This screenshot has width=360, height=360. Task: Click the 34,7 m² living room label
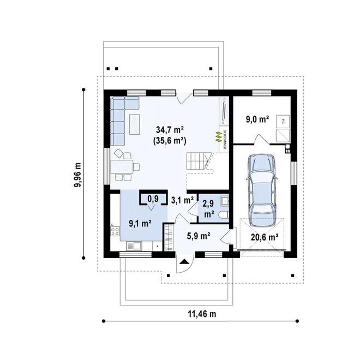(x=170, y=130)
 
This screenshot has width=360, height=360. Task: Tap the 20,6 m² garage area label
(x=265, y=237)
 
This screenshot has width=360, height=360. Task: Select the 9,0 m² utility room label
(x=257, y=119)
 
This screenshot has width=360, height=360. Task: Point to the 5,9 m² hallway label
(x=199, y=236)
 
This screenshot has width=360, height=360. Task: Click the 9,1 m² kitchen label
(x=140, y=223)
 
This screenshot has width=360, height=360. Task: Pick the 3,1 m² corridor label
(x=182, y=200)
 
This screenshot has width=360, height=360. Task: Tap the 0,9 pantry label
(x=153, y=199)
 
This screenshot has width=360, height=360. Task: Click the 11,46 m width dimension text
(x=202, y=314)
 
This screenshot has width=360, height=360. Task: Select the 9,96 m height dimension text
(x=77, y=175)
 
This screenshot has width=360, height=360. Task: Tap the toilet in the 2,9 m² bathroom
(x=224, y=215)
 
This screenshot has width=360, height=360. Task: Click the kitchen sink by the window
(x=134, y=246)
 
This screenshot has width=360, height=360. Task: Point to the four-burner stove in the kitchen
(x=115, y=231)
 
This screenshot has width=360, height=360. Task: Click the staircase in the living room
(x=199, y=161)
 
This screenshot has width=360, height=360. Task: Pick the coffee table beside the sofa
(x=135, y=124)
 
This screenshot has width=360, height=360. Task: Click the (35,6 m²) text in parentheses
(x=170, y=141)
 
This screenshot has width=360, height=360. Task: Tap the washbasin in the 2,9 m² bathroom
(x=224, y=201)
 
